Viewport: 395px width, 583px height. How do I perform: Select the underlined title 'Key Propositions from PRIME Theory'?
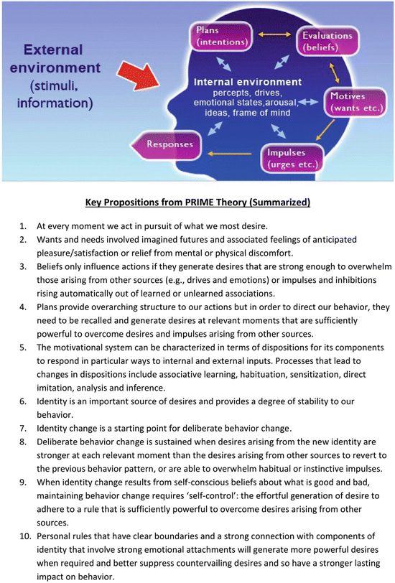click(197, 202)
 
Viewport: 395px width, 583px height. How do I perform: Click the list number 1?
click(23, 225)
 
